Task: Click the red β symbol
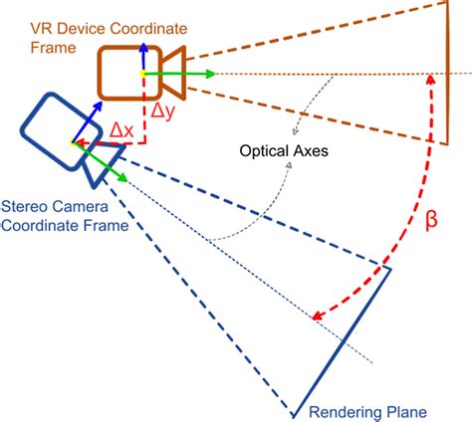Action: click(430, 220)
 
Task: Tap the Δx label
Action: click(121, 129)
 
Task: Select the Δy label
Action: click(162, 111)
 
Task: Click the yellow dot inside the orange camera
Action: click(143, 74)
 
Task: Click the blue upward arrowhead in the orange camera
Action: click(143, 47)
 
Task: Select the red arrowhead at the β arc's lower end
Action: click(317, 317)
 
